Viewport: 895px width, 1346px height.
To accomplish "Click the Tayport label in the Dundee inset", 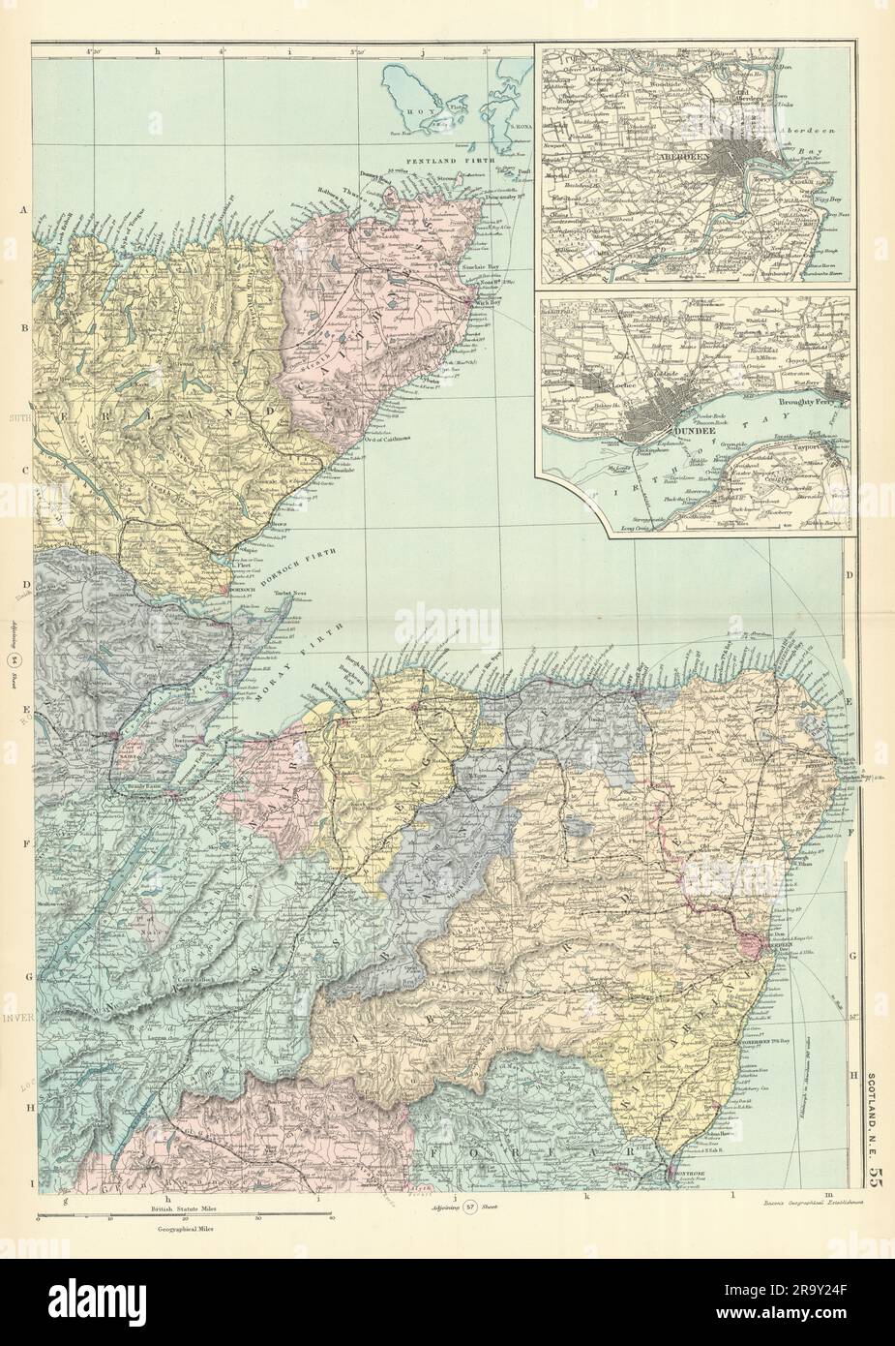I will pyautogui.click(x=817, y=448).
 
